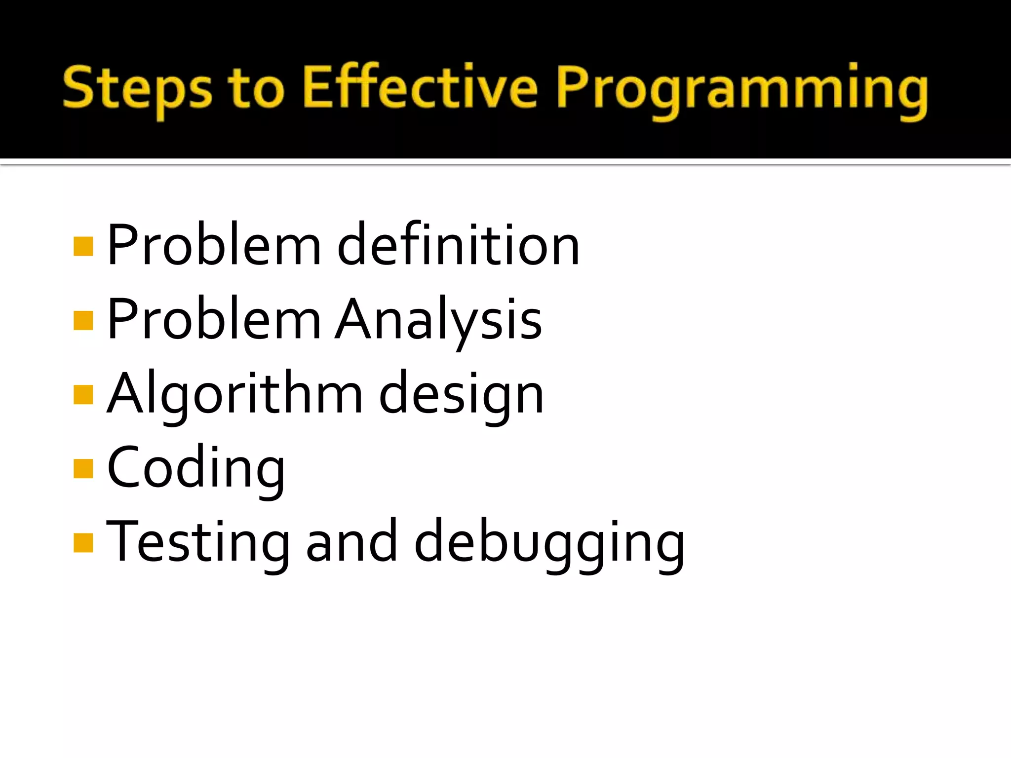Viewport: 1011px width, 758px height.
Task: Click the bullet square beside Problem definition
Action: pos(83,246)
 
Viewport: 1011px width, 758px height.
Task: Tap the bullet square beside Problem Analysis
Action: pos(83,320)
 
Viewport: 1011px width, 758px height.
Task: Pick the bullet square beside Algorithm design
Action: pos(83,394)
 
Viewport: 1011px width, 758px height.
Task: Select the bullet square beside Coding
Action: pos(83,469)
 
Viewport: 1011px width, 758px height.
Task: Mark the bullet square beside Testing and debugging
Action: pos(83,542)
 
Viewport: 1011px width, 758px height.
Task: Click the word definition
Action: pos(458,245)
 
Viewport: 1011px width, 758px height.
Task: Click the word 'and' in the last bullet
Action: pos(351,542)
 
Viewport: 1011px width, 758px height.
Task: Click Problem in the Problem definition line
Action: pos(214,245)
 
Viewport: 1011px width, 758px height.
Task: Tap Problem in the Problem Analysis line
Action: pos(214,320)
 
